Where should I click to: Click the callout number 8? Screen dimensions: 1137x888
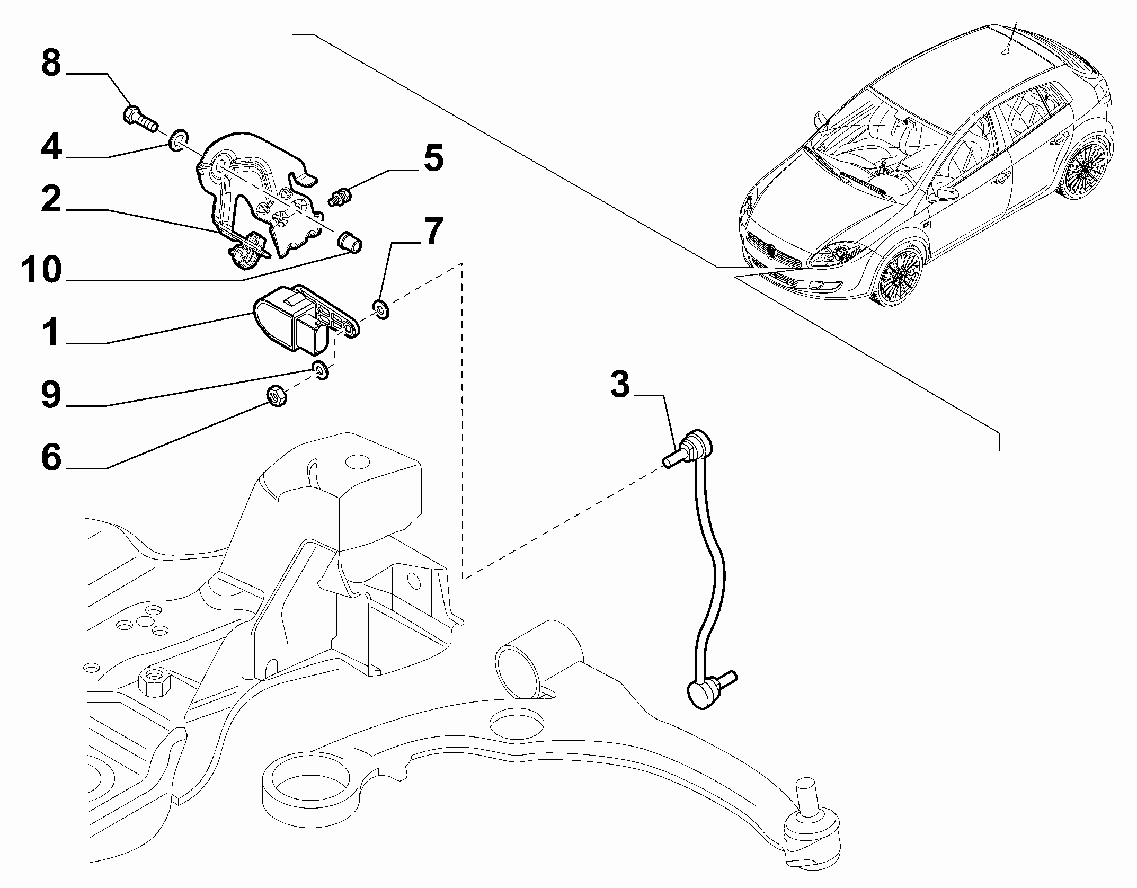click(x=51, y=65)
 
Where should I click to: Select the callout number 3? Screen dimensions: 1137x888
click(x=620, y=385)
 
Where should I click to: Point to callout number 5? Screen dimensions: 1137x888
click(x=433, y=158)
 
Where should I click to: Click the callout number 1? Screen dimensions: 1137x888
click(x=51, y=332)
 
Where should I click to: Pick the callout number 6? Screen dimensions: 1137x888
click(x=51, y=457)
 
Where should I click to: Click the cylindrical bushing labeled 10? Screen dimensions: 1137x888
click(x=350, y=242)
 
